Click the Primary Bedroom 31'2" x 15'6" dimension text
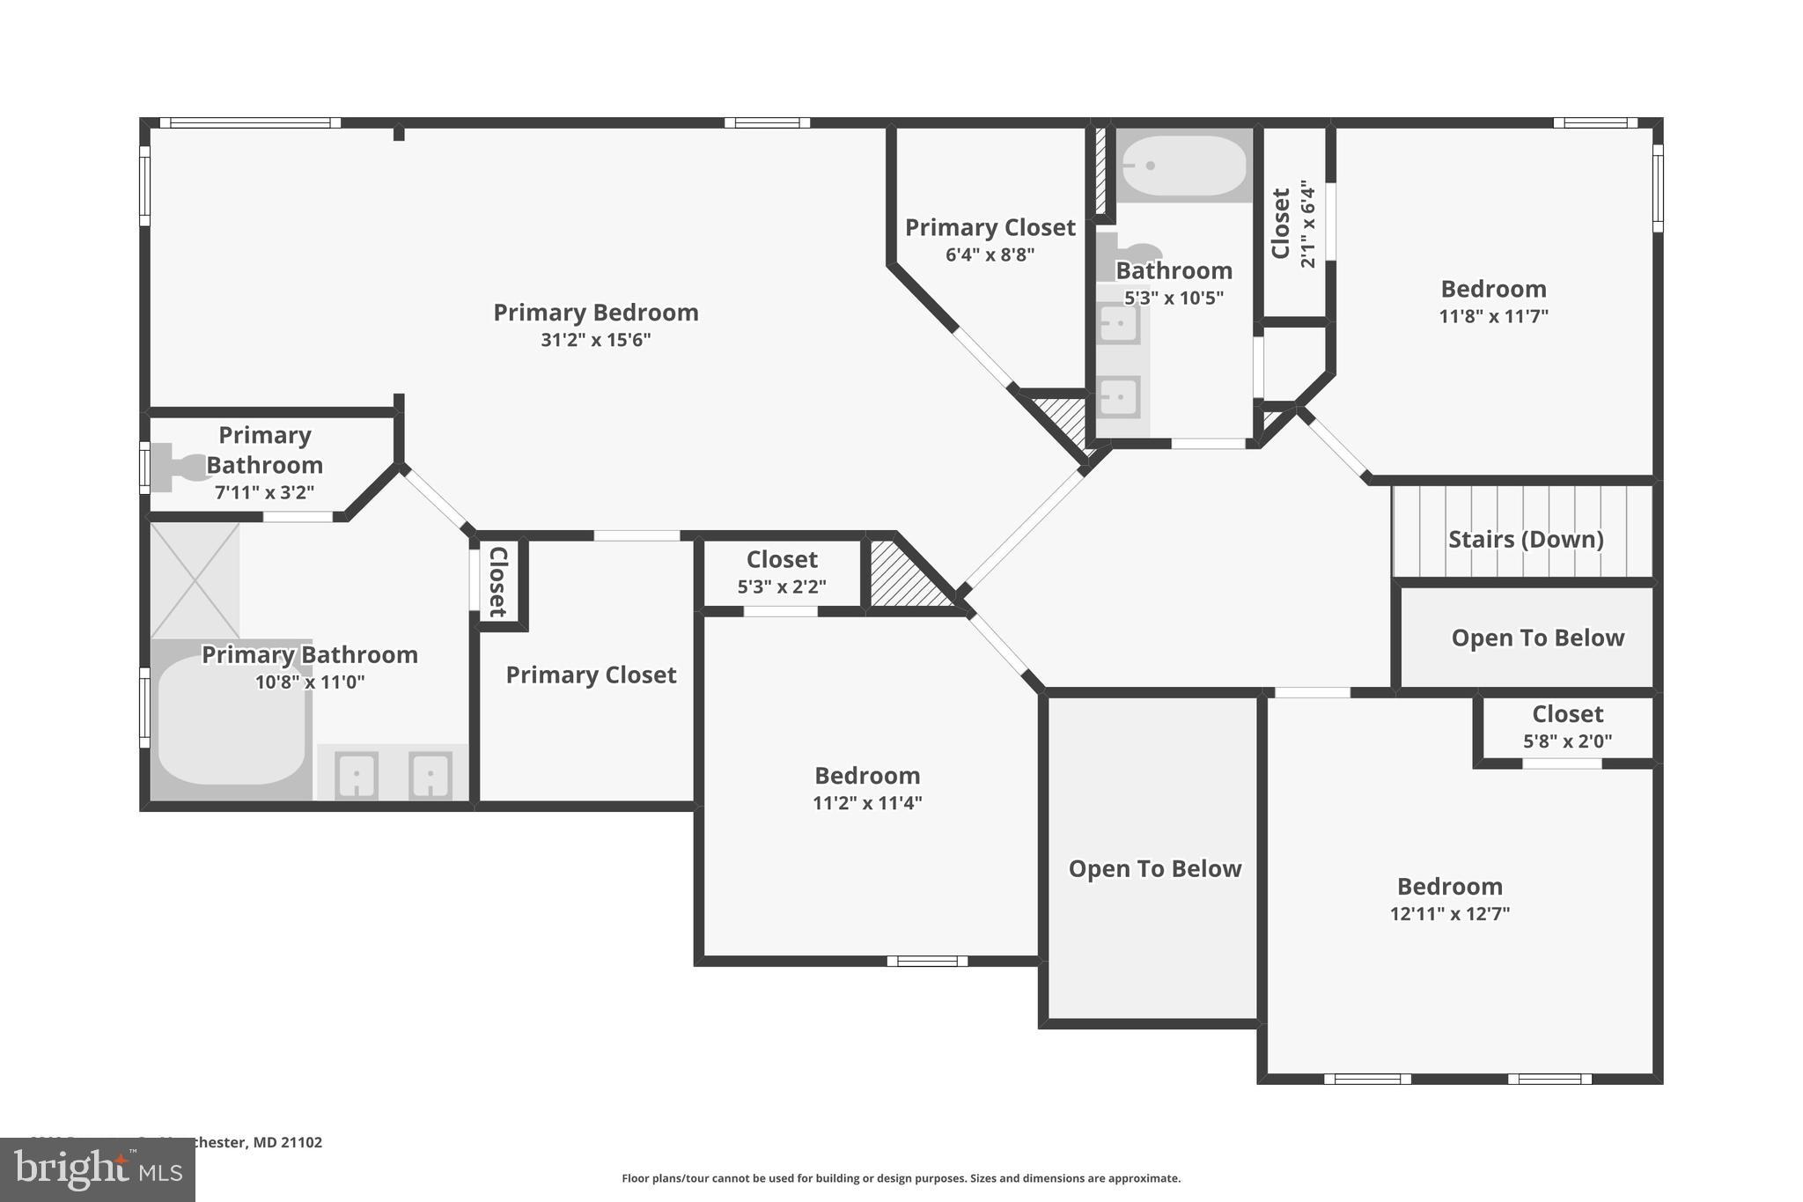coord(595,340)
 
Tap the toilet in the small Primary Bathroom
coord(175,466)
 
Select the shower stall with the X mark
coord(195,579)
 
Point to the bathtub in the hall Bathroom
coord(1185,166)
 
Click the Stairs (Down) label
coord(1525,539)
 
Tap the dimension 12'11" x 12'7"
coord(1449,914)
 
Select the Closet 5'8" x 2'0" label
coord(1567,726)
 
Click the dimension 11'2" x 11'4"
coord(867,803)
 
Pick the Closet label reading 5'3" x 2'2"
coord(782,572)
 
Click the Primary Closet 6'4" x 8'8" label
coord(990,240)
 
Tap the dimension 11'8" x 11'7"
coord(1493,316)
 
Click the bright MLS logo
coord(97,1170)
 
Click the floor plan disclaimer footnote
coord(901,1178)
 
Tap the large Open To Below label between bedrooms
coord(1154,868)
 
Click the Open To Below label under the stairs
coord(1537,638)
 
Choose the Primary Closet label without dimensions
coord(591,675)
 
